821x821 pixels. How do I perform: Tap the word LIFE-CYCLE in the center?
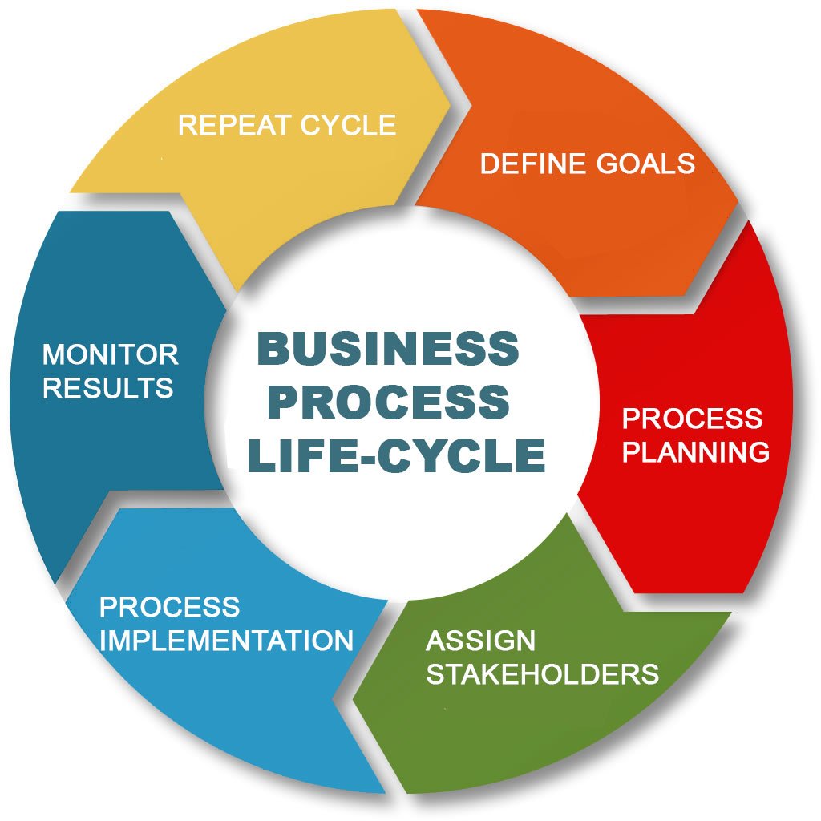[x=397, y=455]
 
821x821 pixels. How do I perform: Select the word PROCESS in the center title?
[x=388, y=402]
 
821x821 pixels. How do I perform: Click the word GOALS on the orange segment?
[x=646, y=164]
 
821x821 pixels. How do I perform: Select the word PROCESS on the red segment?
[x=692, y=418]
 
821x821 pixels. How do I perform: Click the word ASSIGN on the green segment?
[x=481, y=641]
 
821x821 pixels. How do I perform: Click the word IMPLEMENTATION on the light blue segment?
[x=226, y=641]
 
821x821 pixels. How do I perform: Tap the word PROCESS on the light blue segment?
[x=169, y=607]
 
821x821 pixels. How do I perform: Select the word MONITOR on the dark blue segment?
[x=111, y=354]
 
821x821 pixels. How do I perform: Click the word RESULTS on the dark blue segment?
[x=108, y=388]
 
